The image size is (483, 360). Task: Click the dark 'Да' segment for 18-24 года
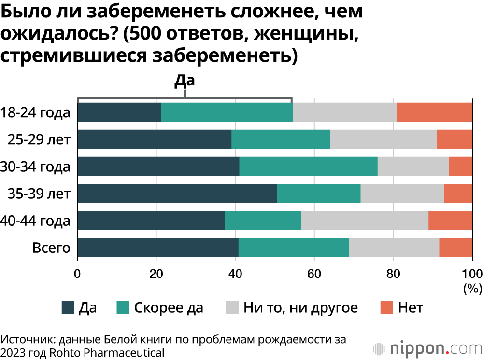119,112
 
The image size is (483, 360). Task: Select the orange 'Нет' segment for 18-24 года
434,112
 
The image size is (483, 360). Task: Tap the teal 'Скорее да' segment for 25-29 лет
281,139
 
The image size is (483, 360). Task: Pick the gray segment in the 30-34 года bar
413,166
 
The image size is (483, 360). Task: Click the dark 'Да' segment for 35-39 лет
177,194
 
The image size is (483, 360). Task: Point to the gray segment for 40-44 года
365,221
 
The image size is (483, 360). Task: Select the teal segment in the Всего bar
294,248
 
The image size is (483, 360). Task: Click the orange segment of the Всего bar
455,248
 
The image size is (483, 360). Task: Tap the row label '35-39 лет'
39,194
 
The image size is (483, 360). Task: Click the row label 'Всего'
51,248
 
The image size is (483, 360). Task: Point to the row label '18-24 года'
36,113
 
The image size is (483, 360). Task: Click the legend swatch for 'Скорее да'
123,307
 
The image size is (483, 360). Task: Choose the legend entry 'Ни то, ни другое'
300,307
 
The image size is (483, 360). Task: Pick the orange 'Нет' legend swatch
387,307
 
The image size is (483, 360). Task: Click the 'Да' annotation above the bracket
184,81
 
